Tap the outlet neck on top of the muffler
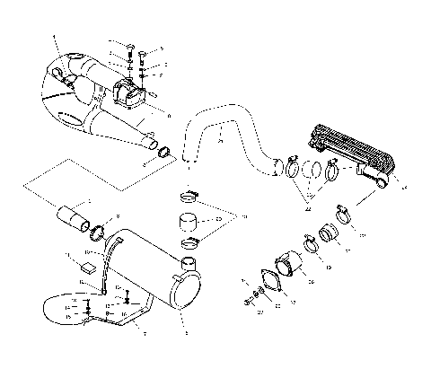tap(188, 263)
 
